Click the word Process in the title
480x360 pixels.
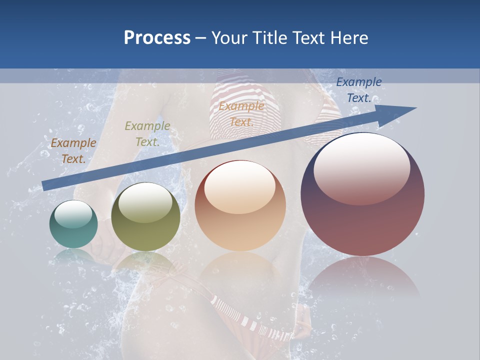click(x=157, y=38)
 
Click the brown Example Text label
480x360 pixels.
click(x=73, y=151)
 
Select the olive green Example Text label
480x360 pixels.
click(x=147, y=134)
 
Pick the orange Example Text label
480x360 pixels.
click(x=241, y=114)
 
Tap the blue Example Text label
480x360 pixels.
click(x=359, y=90)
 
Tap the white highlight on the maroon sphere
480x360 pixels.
click(x=362, y=167)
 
